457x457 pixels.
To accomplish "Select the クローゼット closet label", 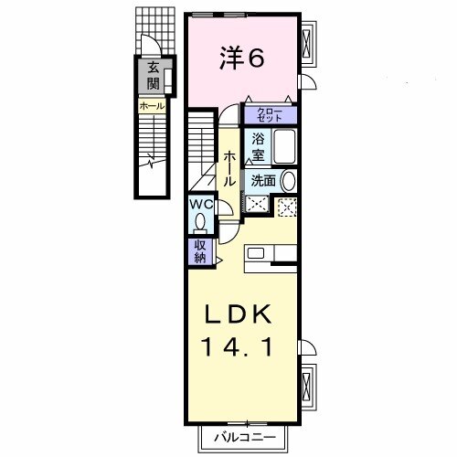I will tap(271, 115).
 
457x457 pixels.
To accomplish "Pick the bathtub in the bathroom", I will tap(286, 146).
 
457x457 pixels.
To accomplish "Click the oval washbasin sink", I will tap(288, 181).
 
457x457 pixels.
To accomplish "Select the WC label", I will tap(201, 206).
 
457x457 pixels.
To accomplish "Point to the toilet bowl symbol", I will tap(200, 223).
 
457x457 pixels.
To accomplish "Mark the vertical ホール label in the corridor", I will tap(229, 168).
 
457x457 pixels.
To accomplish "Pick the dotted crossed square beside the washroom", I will tap(287, 207).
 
